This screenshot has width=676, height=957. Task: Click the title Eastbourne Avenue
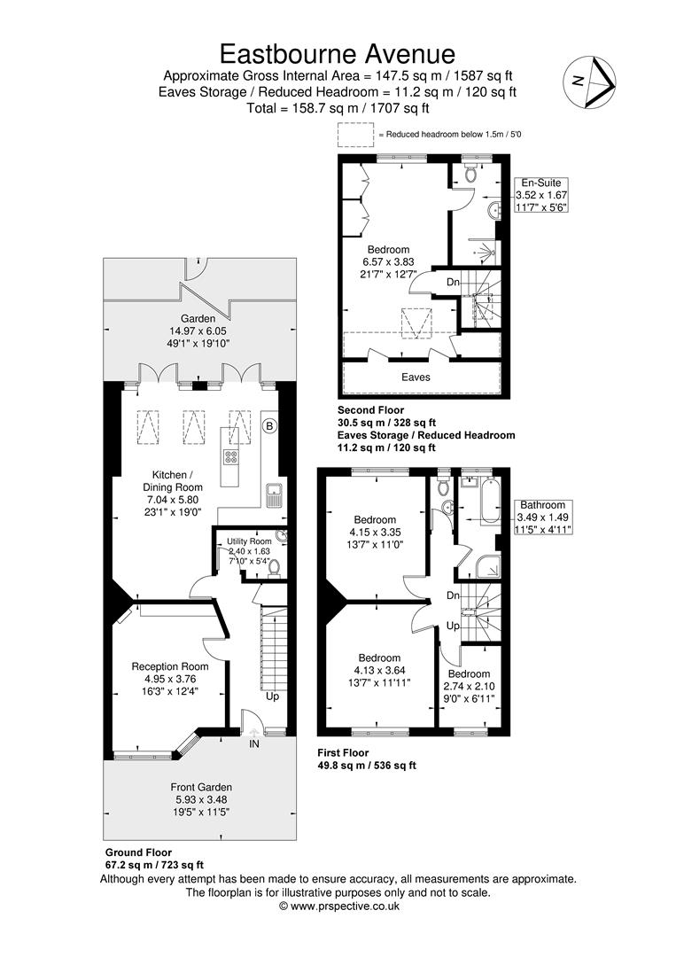coord(338,54)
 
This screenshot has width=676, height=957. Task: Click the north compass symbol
coord(590,82)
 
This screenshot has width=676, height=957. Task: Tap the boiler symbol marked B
coord(269,425)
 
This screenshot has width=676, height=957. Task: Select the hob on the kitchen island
coord(231,457)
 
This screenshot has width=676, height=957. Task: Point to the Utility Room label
coord(249,541)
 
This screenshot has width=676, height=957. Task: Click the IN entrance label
coord(253,744)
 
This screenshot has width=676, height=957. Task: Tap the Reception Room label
coord(169,666)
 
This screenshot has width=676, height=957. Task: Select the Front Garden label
coord(201,788)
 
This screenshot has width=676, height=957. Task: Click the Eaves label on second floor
coord(416,377)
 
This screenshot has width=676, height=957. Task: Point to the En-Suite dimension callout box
coord(541,195)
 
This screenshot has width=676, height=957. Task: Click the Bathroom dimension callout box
coord(542,517)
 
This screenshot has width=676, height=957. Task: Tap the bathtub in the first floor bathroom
coord(490,501)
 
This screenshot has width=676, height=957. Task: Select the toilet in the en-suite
coord(470,174)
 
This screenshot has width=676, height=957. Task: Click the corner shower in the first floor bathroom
coord(489,566)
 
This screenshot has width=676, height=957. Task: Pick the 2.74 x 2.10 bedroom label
coord(469,687)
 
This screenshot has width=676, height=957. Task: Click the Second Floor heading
coord(370,410)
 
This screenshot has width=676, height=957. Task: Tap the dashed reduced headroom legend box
coord(355,135)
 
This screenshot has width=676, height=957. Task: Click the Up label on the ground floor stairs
coord(272,696)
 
